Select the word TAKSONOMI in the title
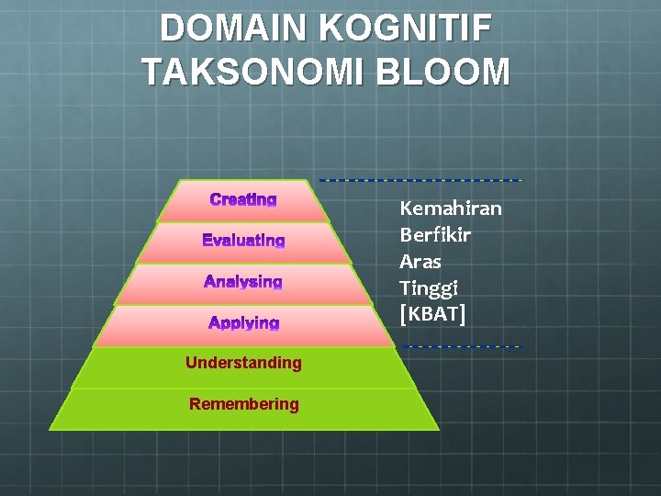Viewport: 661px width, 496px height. [241, 72]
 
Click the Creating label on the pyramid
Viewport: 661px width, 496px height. [243, 199]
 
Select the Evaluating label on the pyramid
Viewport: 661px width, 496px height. [243, 241]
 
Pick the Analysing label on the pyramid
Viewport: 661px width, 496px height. [243, 281]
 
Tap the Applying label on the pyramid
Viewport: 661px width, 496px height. [243, 322]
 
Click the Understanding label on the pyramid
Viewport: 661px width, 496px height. [243, 363]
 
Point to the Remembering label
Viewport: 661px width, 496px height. [243, 403]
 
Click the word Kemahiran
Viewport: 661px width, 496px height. [451, 209]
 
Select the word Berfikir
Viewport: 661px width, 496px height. [435, 235]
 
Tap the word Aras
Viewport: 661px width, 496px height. [420, 262]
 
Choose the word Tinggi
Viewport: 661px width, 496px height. [429, 288]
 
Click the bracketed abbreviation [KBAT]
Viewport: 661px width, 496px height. [433, 315]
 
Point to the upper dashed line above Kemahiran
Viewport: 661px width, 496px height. [420, 179]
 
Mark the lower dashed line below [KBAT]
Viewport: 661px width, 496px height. [463, 346]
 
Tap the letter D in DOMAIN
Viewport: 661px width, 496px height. [172, 28]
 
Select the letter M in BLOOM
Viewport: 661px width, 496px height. [492, 72]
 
